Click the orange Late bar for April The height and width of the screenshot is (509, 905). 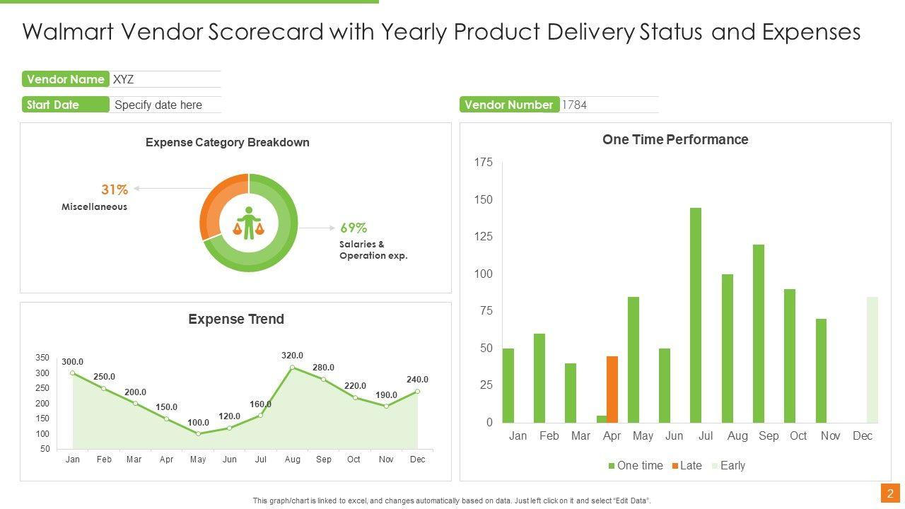coord(612,389)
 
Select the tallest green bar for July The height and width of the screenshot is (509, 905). coord(696,315)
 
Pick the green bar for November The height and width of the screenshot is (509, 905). coord(821,370)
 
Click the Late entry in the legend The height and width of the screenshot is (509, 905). coord(687,465)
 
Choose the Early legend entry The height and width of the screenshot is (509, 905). coord(728,465)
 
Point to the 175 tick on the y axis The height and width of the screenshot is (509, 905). coord(484,163)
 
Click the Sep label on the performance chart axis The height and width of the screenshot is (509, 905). coord(769,435)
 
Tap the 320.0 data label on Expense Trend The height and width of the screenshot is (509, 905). coord(292,356)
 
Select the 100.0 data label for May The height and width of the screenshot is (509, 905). coord(198,423)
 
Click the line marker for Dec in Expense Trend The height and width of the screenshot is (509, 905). coord(418,392)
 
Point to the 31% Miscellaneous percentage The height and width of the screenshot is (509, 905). coord(115,189)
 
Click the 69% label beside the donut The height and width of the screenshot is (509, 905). coord(354,228)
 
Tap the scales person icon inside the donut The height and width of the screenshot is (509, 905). coord(248,223)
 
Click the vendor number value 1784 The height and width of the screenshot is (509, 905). coord(574,105)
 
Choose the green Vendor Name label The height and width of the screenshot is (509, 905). coord(65,79)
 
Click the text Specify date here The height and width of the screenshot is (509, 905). coord(158,105)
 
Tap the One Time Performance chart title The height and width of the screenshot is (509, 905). coord(675,139)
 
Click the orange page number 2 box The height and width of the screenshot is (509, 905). coord(890,493)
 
